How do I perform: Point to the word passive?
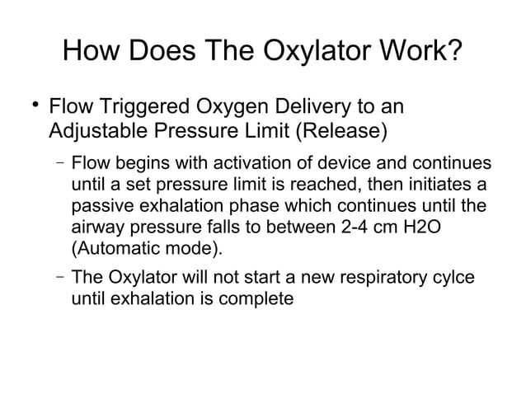point(104,205)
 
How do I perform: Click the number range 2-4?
point(359,227)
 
